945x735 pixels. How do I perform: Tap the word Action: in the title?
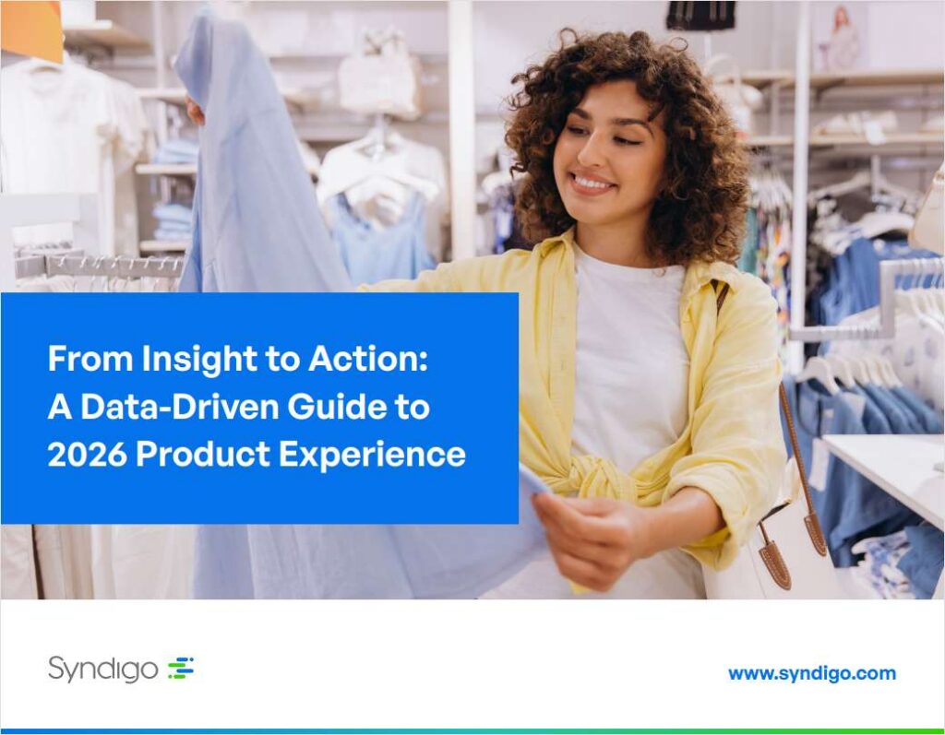pos(368,359)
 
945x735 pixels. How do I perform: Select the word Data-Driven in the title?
pos(180,407)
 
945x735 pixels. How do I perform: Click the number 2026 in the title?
pos(88,455)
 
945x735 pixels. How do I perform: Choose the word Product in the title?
pos(202,455)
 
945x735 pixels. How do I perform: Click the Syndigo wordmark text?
pos(103,669)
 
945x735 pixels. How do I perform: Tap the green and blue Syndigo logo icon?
pos(181,668)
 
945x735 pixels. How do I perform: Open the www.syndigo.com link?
pos(812,673)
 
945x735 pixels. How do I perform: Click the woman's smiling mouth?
pos(592,184)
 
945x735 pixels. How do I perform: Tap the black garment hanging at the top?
pos(700,15)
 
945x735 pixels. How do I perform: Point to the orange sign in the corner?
pos(31,30)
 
